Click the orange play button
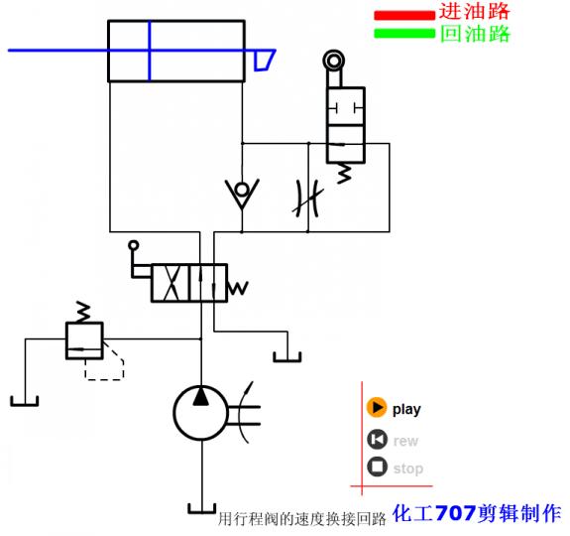pyautogui.click(x=377, y=408)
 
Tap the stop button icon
pyautogui.click(x=377, y=468)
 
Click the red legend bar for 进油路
pyautogui.click(x=403, y=15)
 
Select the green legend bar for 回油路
pyautogui.click(x=403, y=34)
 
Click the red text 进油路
pyautogui.click(x=474, y=13)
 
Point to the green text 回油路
pyautogui.click(x=474, y=34)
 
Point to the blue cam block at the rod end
pyautogui.click(x=265, y=61)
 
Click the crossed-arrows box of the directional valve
pyautogui.click(x=171, y=283)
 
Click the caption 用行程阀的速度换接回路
pyautogui.click(x=300, y=518)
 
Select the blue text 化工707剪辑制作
pyautogui.click(x=477, y=514)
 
